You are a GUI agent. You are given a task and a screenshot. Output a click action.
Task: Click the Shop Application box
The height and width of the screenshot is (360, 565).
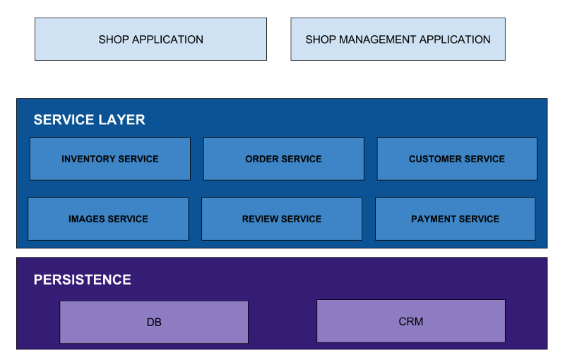(150, 40)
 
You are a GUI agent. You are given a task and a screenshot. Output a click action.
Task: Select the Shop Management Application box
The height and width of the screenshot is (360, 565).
(398, 40)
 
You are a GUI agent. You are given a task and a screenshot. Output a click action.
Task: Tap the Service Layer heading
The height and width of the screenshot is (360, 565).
(89, 120)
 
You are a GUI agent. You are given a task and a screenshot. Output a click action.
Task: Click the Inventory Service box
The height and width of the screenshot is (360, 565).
(110, 159)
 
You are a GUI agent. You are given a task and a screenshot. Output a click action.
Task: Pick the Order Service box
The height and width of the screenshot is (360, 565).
(283, 159)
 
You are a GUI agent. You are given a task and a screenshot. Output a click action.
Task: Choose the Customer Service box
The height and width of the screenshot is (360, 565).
(457, 159)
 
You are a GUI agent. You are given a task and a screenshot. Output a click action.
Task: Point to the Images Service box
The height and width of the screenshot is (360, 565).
(108, 219)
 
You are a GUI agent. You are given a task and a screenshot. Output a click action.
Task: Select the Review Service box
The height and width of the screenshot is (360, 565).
(282, 219)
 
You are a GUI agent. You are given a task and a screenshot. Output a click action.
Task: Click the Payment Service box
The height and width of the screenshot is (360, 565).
(455, 219)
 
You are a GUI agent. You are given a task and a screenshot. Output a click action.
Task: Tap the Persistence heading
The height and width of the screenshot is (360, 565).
(82, 280)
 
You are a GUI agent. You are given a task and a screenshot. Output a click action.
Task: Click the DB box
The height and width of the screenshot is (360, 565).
(154, 323)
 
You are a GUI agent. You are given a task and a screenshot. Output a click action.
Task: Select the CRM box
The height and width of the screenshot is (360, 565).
(411, 321)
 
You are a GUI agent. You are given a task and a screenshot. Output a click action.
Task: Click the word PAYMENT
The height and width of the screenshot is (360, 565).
(433, 219)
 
